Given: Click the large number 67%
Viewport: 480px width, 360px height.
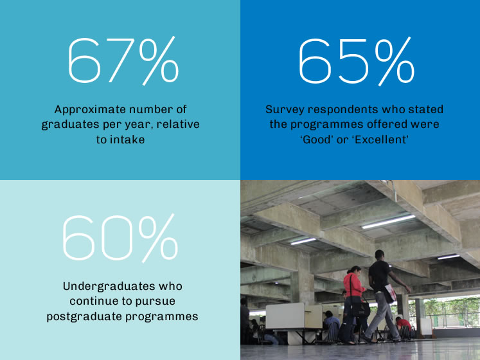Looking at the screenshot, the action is tap(123, 60).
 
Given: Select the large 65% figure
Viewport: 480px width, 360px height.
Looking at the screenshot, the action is tap(357, 61).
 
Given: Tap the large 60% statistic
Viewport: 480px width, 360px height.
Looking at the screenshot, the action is tap(120, 238).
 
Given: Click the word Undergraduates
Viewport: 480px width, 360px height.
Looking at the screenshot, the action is tap(109, 286).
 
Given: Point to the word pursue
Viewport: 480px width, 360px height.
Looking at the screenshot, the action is tap(156, 301).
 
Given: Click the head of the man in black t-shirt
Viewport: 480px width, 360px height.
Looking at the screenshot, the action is tap(380, 255).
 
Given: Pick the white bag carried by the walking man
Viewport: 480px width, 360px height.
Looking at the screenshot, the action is tap(390, 292).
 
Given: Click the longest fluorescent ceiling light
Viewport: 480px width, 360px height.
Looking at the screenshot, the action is tap(388, 222).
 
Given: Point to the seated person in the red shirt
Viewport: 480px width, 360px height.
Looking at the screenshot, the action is tap(403, 324).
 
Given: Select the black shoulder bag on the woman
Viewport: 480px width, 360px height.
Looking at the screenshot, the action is tap(358, 307).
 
